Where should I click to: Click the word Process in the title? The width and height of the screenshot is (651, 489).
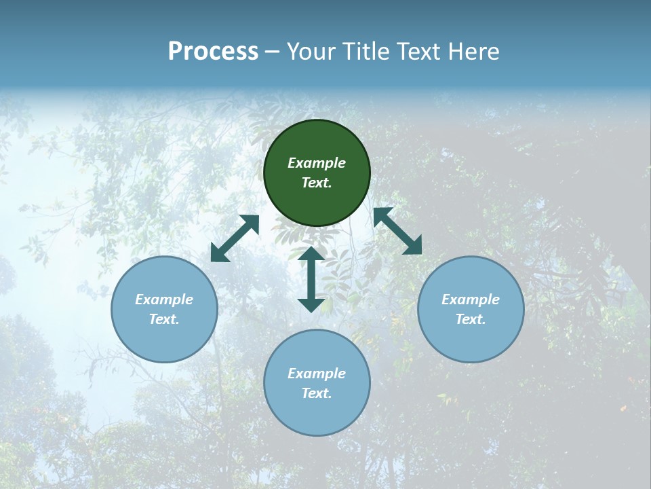pos(213,52)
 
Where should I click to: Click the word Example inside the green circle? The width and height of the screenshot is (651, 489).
pos(317,163)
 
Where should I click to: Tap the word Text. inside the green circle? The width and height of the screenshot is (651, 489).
pos(317,183)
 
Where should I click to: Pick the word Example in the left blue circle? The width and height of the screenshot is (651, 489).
pos(164,300)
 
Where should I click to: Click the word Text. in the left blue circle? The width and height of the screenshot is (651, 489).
pos(164,319)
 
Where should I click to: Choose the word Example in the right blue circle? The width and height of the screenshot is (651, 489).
pos(471,300)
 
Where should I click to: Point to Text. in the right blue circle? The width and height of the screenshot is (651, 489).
pos(471,319)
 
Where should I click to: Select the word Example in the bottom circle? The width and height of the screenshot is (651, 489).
pos(317,374)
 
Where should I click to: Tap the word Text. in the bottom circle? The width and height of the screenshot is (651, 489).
pos(317,393)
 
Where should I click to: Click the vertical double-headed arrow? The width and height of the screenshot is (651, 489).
pos(311,279)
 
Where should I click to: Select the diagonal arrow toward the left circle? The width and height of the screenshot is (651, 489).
pos(235,238)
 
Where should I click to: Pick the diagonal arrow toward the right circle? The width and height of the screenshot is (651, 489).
pos(397,232)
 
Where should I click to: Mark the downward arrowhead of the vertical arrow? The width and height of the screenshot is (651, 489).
pos(311,305)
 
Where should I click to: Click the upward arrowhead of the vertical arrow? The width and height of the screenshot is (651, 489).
pos(311,254)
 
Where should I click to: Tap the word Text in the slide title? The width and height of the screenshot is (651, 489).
pos(418,52)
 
